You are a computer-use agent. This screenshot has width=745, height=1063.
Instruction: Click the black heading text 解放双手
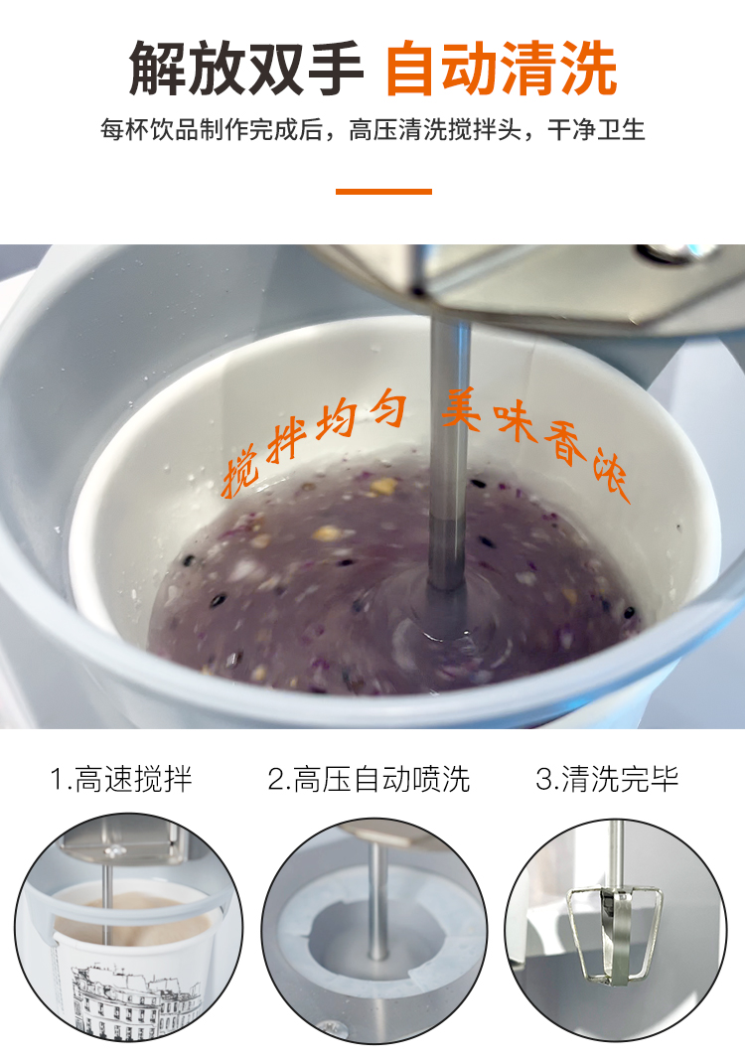click(245, 69)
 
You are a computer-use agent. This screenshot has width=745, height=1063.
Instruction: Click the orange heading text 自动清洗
click(502, 69)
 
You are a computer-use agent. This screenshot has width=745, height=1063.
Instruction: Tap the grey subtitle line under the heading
click(372, 129)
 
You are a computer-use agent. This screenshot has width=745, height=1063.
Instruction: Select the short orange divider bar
click(383, 192)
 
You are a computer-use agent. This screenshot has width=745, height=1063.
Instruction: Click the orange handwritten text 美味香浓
click(535, 441)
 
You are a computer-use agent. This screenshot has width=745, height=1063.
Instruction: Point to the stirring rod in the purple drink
click(448, 454)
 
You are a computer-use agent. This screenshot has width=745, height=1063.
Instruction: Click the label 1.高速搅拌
click(121, 779)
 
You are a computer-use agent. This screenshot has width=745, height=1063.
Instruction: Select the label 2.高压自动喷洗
click(369, 779)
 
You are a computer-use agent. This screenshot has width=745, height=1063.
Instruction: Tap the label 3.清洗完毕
click(607, 779)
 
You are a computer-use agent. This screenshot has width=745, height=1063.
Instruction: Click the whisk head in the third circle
click(614, 933)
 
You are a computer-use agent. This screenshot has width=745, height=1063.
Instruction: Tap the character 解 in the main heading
click(157, 69)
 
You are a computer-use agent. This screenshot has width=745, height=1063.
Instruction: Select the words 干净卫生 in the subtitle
click(597, 129)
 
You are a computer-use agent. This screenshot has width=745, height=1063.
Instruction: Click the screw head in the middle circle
click(333, 1029)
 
